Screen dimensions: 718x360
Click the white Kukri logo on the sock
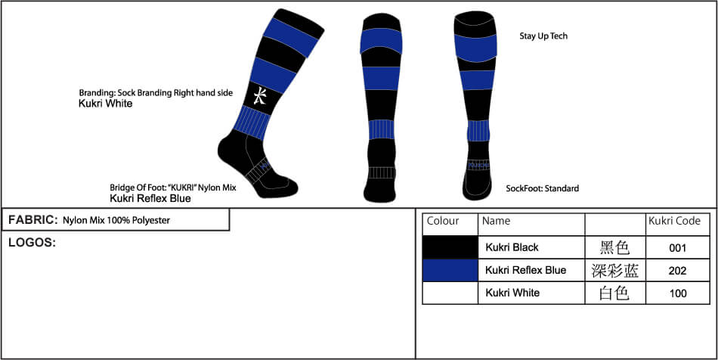pyautogui.click(x=260, y=96)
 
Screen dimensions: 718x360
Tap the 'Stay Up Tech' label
pyautogui.click(x=543, y=36)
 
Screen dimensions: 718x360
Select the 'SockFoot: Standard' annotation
pyautogui.click(x=542, y=188)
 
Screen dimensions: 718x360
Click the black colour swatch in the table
pyautogui.click(x=450, y=247)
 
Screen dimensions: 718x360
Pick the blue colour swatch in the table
pyautogui.click(x=450, y=270)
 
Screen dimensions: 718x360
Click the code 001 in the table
pyautogui.click(x=678, y=248)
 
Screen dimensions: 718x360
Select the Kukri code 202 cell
pyautogui.click(x=678, y=271)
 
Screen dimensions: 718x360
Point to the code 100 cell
pyautogui.click(x=678, y=293)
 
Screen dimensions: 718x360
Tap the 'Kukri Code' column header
pyautogui.click(x=674, y=221)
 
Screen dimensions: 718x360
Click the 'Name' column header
pyautogui.click(x=496, y=221)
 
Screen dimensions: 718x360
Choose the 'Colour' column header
pyautogui.click(x=443, y=221)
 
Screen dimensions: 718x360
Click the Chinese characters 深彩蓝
pyautogui.click(x=615, y=271)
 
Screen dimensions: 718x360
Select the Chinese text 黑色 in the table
pyautogui.click(x=615, y=248)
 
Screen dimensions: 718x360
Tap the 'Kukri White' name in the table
pyautogui.click(x=512, y=293)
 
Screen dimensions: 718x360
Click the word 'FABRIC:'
pyautogui.click(x=32, y=220)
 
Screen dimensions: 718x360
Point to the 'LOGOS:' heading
pyautogui.click(x=32, y=243)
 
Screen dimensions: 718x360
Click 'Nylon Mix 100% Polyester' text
pyautogui.click(x=116, y=220)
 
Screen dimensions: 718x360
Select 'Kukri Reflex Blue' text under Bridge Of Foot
pyautogui.click(x=150, y=198)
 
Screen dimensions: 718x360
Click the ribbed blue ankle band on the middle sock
pyautogui.click(x=382, y=129)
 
